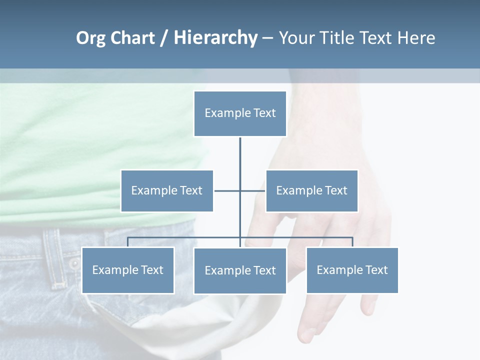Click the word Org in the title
90,38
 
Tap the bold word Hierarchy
215,38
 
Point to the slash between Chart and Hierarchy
164,38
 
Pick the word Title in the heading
341,38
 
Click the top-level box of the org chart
240,113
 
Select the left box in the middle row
167,191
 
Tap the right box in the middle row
311,191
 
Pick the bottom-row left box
128,270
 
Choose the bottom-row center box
240,271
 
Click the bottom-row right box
352,270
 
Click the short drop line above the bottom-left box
128,242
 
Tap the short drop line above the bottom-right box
352,242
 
